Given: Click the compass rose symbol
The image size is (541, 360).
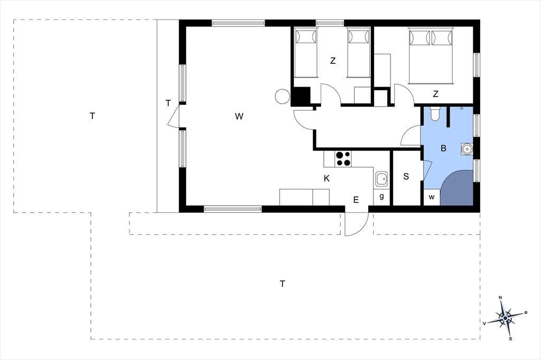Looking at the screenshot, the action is tap(505, 318).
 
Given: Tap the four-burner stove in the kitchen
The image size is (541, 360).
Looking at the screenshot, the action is tap(343, 158).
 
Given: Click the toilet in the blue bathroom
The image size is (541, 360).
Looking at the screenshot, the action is tap(435, 114).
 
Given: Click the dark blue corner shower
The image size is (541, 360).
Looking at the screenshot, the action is tap(457, 188).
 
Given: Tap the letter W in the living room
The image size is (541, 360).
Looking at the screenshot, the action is tap(239, 117).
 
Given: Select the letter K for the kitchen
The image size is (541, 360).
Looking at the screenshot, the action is tap(327, 178).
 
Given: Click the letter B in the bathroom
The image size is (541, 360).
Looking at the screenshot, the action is tap(444, 148).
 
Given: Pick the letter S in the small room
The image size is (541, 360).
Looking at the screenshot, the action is tap(406, 176).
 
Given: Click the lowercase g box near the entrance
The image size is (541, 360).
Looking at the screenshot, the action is tap(381, 197).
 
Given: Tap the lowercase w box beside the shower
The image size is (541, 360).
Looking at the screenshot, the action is tap(432, 197).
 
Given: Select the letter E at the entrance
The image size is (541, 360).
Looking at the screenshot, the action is tap(356, 200).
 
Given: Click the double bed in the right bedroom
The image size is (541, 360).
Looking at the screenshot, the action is tap(431, 55).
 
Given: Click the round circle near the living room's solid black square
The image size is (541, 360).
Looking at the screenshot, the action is tap(282, 96).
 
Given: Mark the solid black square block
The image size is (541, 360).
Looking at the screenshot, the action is tap(301, 97).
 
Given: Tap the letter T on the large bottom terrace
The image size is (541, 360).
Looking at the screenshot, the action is tap(283, 284).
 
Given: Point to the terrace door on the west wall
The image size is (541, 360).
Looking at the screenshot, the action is tap(174, 116).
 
